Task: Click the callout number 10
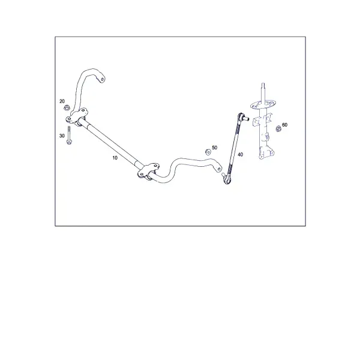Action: click(115, 158)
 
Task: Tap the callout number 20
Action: click(62, 101)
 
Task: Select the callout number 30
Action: click(62, 136)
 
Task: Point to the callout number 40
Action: click(240, 155)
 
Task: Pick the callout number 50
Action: click(214, 148)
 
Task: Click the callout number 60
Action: click(284, 125)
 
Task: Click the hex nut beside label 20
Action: click(67, 107)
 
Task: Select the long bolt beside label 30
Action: click(68, 135)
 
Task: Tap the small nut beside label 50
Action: click(208, 152)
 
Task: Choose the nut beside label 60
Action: click(278, 129)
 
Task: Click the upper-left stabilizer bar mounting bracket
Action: click(77, 116)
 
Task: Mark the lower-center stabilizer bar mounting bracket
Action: click(148, 172)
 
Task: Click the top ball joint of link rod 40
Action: click(242, 117)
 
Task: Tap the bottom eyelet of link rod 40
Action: click(227, 180)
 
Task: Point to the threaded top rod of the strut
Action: click(263, 92)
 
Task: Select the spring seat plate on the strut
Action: click(263, 104)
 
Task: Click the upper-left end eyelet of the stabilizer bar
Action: click(102, 79)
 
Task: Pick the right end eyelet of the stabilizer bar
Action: click(218, 168)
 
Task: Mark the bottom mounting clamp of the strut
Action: click(266, 153)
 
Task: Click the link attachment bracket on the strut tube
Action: click(256, 122)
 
